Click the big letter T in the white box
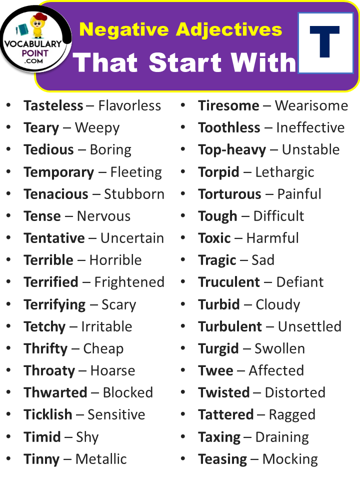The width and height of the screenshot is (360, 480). point(324,41)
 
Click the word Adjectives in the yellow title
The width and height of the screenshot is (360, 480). point(229,30)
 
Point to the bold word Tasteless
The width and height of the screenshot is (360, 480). point(53,105)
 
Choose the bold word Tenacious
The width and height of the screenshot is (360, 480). point(56,194)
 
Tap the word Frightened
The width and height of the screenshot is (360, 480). point(129,282)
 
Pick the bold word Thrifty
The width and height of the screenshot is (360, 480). point(45,349)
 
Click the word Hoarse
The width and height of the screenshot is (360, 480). point(112,370)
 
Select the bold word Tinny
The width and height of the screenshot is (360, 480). point(41,459)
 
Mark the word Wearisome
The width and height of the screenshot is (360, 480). point(311,105)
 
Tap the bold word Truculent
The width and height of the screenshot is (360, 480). point(229,282)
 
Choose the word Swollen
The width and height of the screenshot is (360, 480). point(279,348)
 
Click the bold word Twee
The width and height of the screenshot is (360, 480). point(215,370)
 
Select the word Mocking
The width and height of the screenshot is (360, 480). point(290,459)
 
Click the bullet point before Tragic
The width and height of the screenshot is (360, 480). point(183,259)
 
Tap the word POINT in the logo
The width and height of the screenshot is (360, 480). point(35,53)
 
